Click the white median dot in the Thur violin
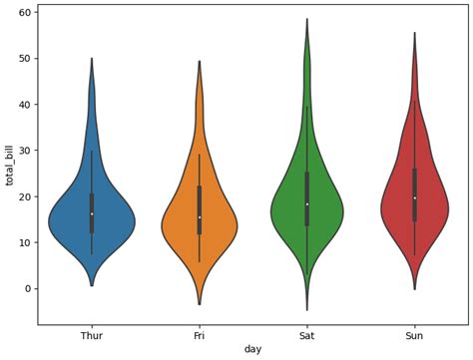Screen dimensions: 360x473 pos(92,213)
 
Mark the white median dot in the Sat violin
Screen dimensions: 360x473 pos(307,204)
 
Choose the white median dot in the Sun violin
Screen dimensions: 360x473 pos(415,197)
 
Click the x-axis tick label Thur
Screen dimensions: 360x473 pos(92,336)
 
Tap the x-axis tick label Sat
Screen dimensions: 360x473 pos(307,336)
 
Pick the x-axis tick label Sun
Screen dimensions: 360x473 pos(415,336)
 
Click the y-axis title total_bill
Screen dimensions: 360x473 pos(10,165)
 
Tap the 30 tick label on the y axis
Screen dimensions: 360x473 pos(26,151)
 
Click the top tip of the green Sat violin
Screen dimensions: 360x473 pos(307,19)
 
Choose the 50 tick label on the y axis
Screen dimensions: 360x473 pos(26,58)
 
